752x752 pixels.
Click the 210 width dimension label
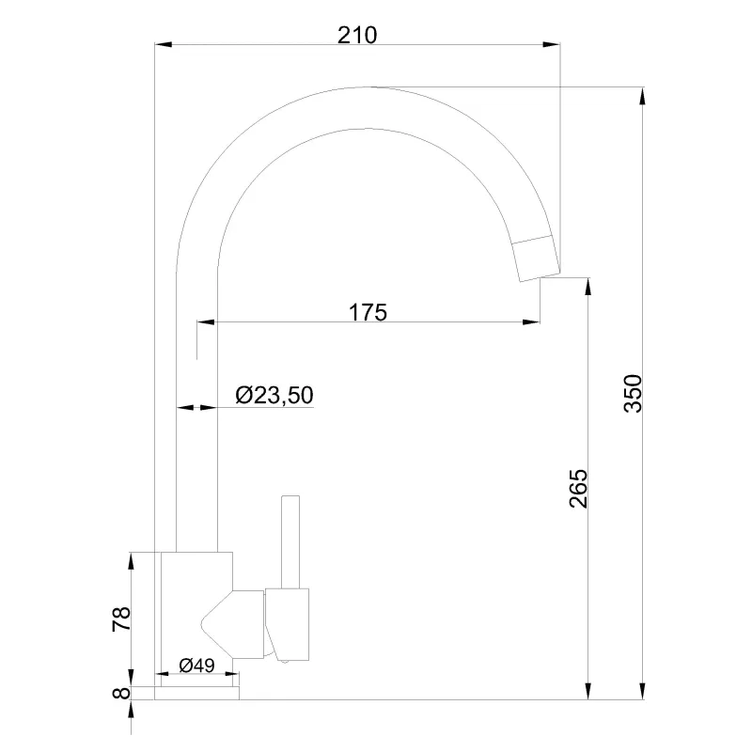pos(356,35)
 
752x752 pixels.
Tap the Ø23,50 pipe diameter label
pos(274,396)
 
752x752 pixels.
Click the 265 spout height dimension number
pos(578,488)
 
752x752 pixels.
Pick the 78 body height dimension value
pos(120,619)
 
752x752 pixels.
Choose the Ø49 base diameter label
pos(196,666)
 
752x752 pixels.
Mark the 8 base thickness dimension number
pos(119,694)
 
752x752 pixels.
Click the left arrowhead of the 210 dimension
pos(162,43)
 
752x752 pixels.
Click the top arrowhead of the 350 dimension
pos(641,95)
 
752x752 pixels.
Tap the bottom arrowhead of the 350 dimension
pos(641,693)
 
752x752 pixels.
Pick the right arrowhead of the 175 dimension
pos(533,323)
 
